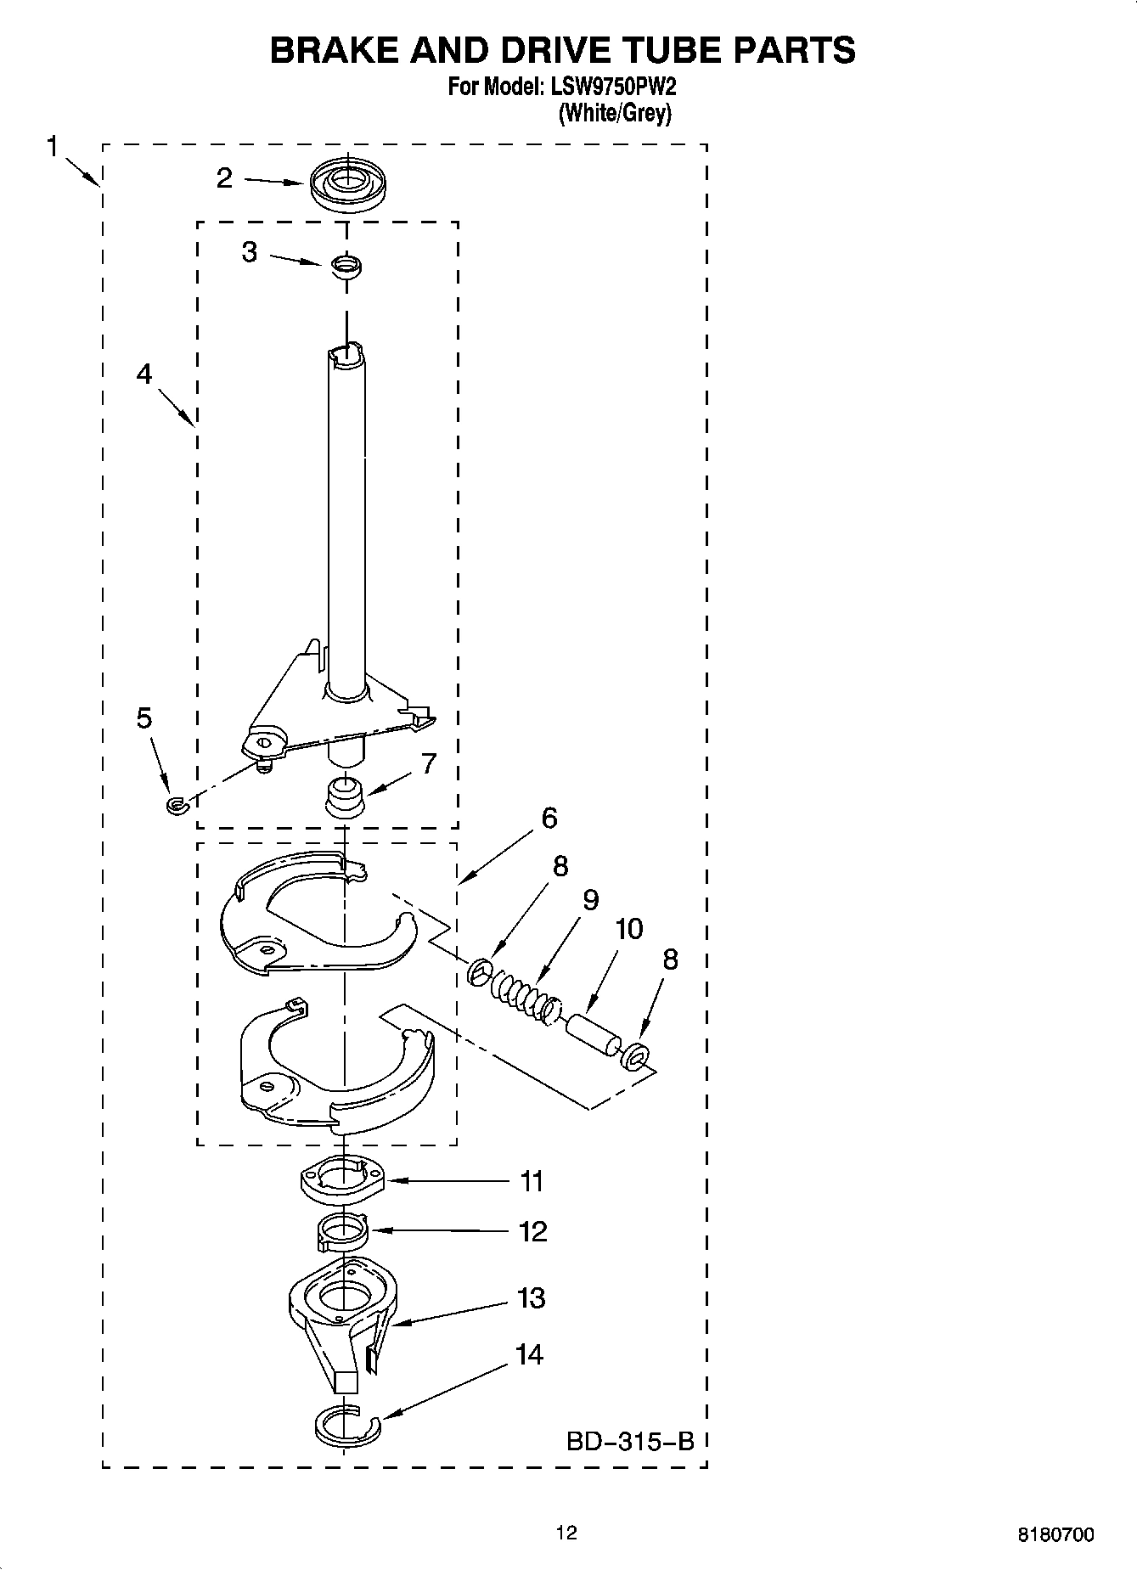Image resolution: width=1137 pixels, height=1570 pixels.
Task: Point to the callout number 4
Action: point(144,374)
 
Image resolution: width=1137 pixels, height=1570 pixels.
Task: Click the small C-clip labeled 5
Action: point(176,803)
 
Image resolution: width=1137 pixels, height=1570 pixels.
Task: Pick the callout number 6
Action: point(549,819)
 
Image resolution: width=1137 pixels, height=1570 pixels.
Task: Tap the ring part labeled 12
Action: point(341,1232)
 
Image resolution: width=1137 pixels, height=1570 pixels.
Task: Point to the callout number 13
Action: point(532,1297)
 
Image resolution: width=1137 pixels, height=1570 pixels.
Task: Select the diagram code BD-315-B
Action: point(630,1441)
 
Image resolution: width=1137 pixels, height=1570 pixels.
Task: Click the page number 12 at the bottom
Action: point(566,1533)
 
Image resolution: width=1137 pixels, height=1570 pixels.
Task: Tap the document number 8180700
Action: point(1055,1534)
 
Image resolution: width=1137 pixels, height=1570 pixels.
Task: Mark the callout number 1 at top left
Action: point(53,147)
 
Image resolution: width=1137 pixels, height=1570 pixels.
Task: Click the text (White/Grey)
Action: point(615,114)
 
